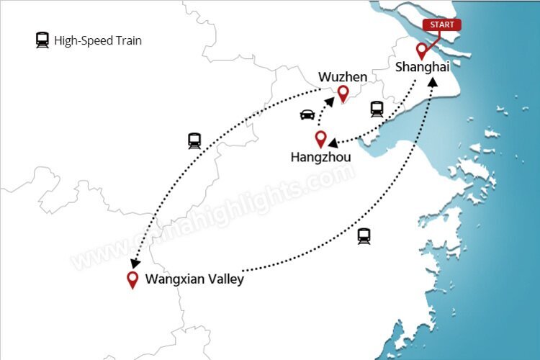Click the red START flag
tap(441, 24)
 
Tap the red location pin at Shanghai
tap(422, 51)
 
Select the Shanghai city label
tap(423, 67)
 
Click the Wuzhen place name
tap(343, 77)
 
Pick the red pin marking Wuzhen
tap(343, 94)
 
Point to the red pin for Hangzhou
tap(321, 138)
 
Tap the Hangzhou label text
tap(320, 156)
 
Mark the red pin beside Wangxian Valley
tap(132, 279)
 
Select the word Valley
tap(225, 279)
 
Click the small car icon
tap(307, 114)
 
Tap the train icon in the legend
tap(42, 40)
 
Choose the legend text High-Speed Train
tap(98, 41)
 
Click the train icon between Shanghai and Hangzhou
tap(377, 109)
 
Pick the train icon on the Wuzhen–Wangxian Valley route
tap(194, 140)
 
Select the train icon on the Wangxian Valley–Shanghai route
tap(364, 235)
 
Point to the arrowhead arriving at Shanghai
tap(433, 82)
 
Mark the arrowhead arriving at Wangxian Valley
tap(135, 264)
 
